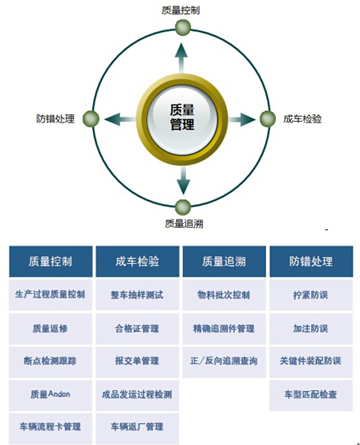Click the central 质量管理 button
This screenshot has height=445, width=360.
[x=182, y=119]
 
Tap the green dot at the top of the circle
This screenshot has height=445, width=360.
[x=183, y=27]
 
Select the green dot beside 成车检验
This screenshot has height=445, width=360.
[x=268, y=118]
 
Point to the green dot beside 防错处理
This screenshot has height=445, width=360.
[x=91, y=118]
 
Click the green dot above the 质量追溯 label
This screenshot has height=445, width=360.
[x=183, y=207]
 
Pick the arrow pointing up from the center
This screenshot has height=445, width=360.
[x=181, y=58]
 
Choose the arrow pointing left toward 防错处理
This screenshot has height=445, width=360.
[x=120, y=119]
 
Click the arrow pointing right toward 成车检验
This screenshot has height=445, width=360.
[x=242, y=119]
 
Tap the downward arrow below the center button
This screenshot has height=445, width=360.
[x=183, y=180]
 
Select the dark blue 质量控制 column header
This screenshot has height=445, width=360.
[x=51, y=261]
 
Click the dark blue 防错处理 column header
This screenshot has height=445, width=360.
[x=311, y=261]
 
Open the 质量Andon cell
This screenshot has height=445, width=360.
[x=51, y=394]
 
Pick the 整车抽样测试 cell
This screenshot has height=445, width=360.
[x=137, y=295]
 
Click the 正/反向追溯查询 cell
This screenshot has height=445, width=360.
[x=224, y=361]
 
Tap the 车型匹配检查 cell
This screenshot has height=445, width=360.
[x=311, y=394]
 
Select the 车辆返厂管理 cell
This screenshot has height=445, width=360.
[x=137, y=427]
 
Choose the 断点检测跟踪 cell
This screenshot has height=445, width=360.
[x=51, y=361]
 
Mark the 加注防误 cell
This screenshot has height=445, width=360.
[x=311, y=328]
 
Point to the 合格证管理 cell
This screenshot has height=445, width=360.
[x=137, y=328]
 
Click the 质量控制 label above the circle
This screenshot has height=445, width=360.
[x=180, y=11]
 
